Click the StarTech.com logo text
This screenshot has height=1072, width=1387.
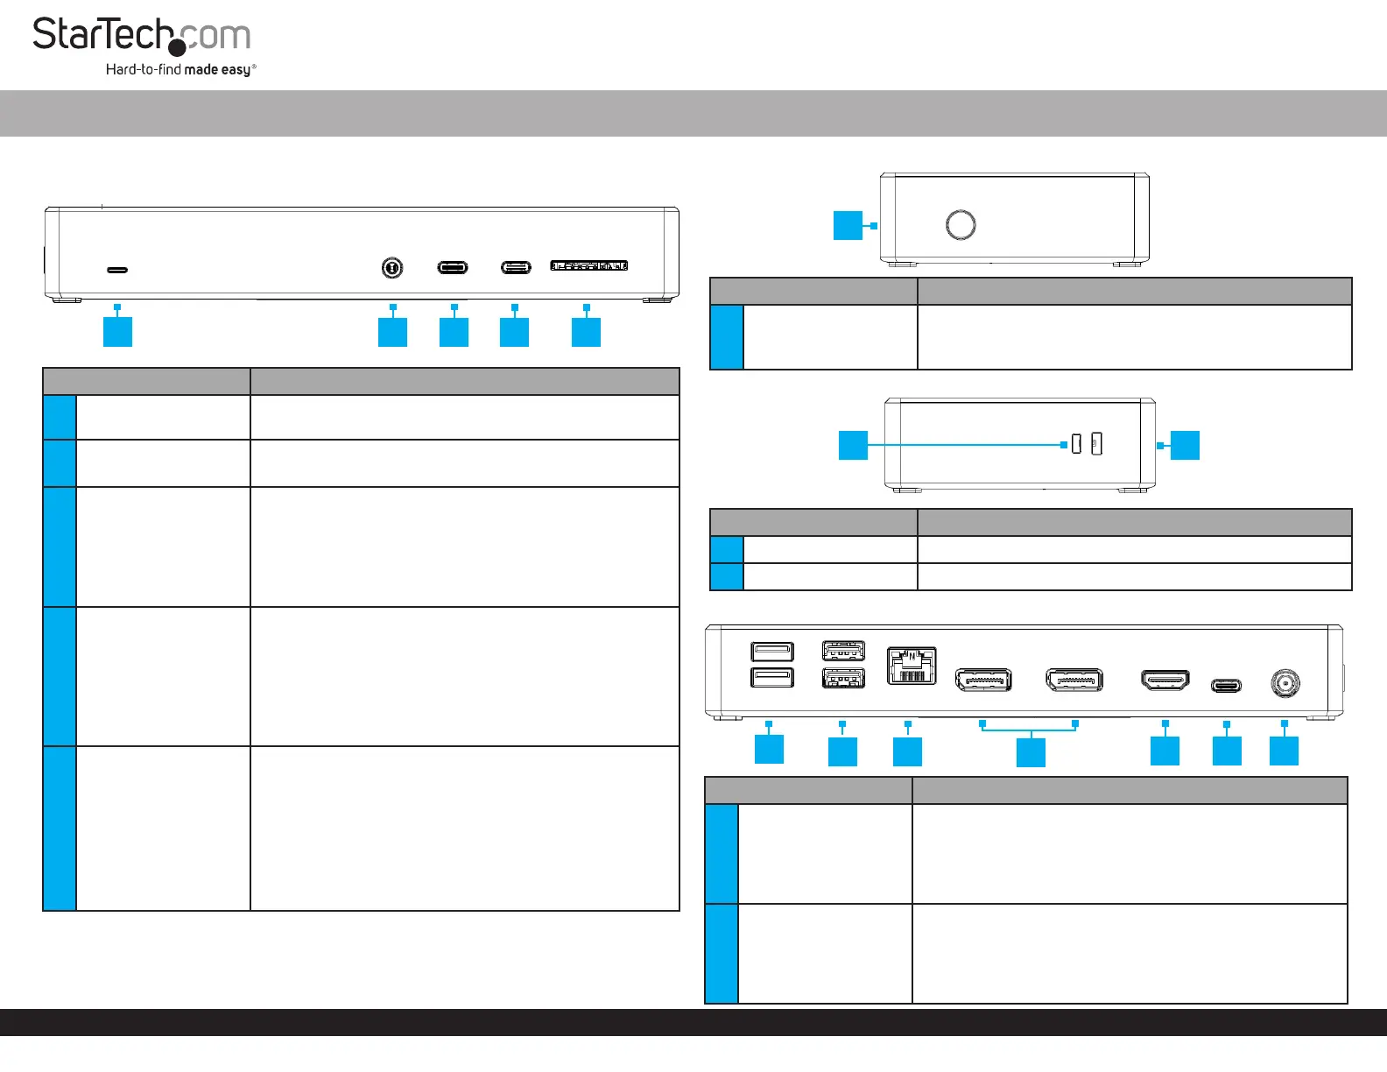[x=141, y=35]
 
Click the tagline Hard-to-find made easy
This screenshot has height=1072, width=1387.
[x=180, y=69]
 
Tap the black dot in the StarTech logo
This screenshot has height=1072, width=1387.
[x=177, y=47]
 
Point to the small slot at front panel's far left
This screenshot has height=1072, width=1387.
[x=117, y=270]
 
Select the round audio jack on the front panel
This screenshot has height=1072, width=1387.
[x=392, y=267]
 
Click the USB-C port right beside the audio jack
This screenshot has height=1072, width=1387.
[x=453, y=267]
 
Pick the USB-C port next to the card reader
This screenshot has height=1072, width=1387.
[x=516, y=267]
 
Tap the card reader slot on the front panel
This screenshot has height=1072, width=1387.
[x=588, y=265]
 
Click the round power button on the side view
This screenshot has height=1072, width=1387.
[x=961, y=224]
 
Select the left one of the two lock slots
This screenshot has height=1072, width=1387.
[x=1076, y=445]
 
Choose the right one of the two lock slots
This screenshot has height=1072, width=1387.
[x=1096, y=444]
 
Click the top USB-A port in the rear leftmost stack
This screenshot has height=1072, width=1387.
[x=772, y=651]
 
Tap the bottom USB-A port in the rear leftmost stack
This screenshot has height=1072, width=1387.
[x=772, y=677]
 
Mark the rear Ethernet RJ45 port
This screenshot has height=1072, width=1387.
[x=912, y=666]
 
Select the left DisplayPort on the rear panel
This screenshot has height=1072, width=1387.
[x=983, y=680]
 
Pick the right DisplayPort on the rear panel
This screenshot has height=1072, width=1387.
[x=1074, y=680]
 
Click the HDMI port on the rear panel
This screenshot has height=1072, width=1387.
[x=1165, y=680]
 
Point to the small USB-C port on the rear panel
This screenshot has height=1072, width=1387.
[x=1226, y=685]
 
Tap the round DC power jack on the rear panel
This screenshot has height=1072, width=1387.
[x=1285, y=682]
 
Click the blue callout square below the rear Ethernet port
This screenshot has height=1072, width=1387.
[x=907, y=751]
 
